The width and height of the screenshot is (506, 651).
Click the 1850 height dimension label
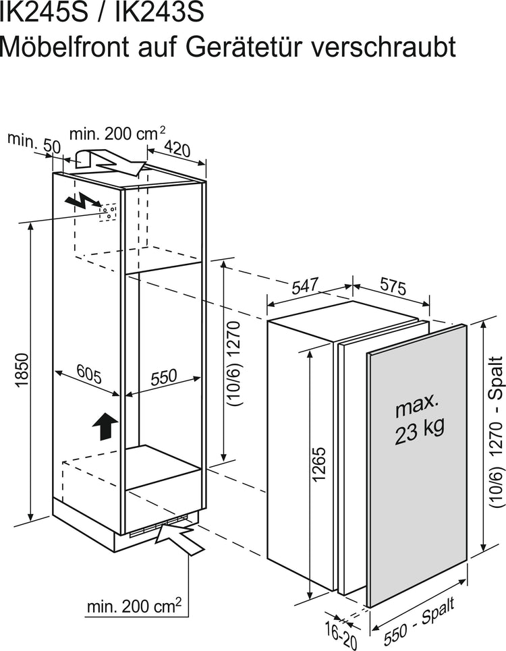click(22, 370)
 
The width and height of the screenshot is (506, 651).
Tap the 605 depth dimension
click(89, 375)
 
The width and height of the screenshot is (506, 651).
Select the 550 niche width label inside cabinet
click(163, 377)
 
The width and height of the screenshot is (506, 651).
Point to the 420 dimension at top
click(177, 148)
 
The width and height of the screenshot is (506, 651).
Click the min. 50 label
click(34, 143)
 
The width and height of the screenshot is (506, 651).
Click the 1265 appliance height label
click(318, 464)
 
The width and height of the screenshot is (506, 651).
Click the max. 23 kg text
click(419, 420)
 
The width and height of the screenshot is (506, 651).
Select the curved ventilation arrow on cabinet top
click(110, 163)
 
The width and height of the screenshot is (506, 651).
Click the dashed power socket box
click(107, 212)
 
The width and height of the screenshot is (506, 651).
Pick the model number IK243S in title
click(159, 12)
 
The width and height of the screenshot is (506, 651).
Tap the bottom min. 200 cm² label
click(134, 606)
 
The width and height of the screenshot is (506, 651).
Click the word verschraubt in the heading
click(383, 47)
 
